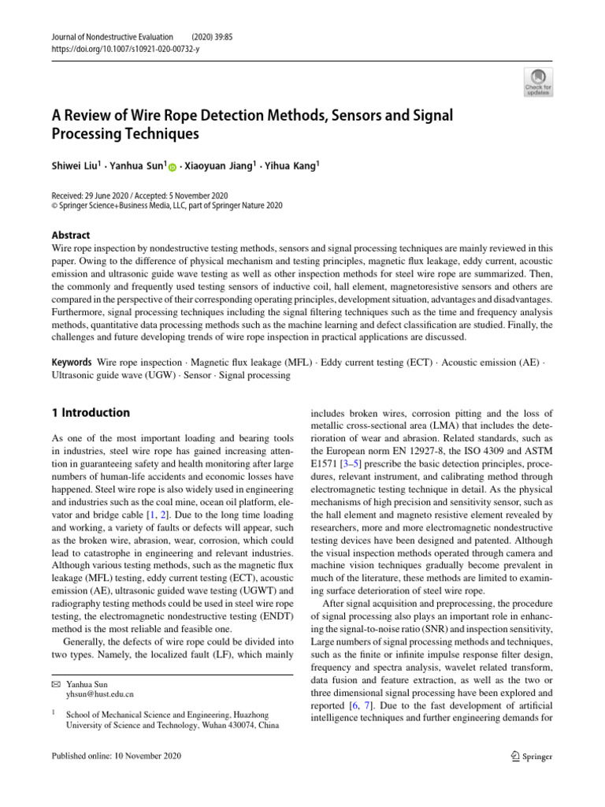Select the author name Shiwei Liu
click(x=76, y=166)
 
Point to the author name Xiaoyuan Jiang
click(x=223, y=166)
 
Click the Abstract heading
click(x=69, y=235)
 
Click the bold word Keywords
click(x=70, y=362)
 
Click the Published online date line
click(x=116, y=756)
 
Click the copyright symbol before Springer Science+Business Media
click(x=53, y=206)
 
